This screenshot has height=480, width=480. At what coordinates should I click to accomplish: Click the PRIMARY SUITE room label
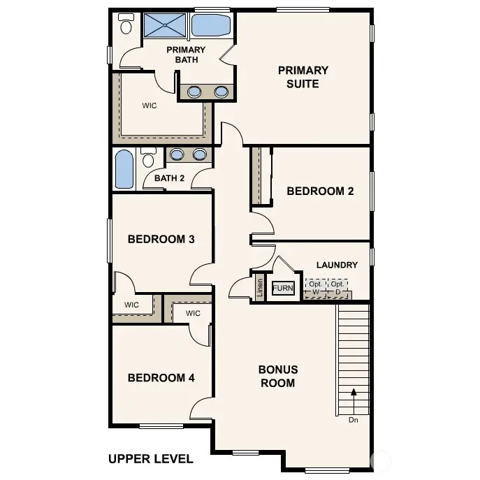click(x=303, y=77)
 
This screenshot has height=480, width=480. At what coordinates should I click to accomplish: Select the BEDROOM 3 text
click(x=161, y=239)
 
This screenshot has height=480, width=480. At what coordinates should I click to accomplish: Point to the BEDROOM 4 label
click(x=161, y=377)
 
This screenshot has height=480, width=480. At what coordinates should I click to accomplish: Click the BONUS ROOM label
click(x=277, y=376)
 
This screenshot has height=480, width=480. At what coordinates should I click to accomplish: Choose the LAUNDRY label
click(x=337, y=265)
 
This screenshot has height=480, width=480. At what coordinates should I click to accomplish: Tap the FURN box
click(x=283, y=288)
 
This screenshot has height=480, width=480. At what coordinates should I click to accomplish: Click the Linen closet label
click(x=260, y=289)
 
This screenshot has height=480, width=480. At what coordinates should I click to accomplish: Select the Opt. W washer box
click(x=315, y=288)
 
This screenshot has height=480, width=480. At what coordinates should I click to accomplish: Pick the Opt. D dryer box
click(x=338, y=288)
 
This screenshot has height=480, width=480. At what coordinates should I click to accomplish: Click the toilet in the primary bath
click(x=126, y=25)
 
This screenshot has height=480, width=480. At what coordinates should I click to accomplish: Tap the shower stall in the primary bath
click(x=165, y=25)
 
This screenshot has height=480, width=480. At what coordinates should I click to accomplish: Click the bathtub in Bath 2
click(x=124, y=170)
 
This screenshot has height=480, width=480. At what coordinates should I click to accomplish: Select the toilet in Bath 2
click(x=148, y=159)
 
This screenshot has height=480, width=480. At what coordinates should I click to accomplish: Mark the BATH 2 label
click(x=169, y=178)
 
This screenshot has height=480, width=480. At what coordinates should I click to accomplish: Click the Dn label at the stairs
click(x=354, y=420)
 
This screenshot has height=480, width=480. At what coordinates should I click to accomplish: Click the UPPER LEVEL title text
click(x=150, y=459)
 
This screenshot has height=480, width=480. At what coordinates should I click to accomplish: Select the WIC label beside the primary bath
click(x=149, y=106)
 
